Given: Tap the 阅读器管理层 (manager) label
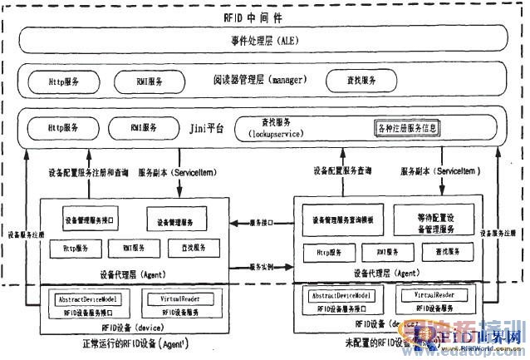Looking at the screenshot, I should coord(259,80).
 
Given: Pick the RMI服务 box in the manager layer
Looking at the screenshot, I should coord(150,81).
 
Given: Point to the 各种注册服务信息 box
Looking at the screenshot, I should coord(405,129).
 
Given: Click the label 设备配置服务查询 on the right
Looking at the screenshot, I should coord(340,170).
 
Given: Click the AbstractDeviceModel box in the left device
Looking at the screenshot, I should coord(88,297).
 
